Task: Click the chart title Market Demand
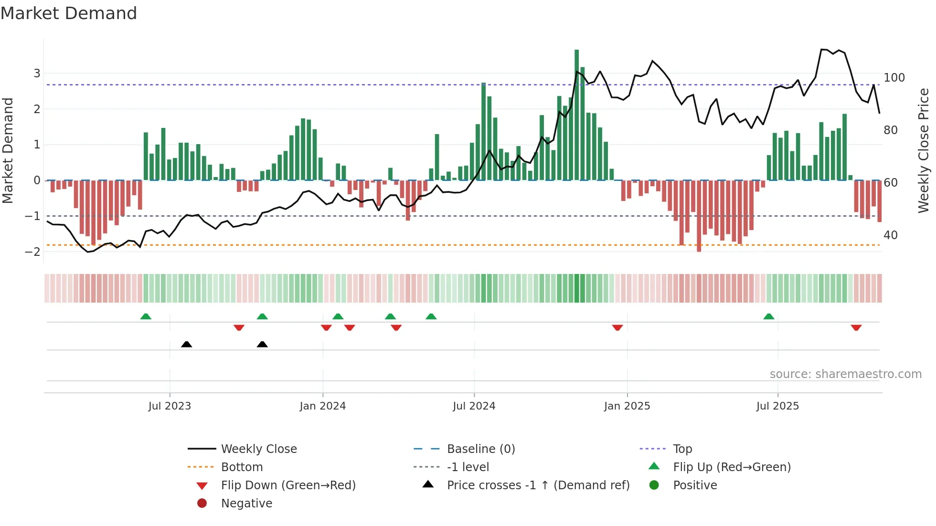[69, 13]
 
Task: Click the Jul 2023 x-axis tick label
[170, 406]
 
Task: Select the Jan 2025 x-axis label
[627, 406]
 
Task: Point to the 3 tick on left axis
[37, 74]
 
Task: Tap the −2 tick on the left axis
[33, 252]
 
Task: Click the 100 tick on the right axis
[894, 78]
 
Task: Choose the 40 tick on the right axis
[890, 235]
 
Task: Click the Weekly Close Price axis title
[924, 150]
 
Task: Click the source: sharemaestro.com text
[845, 374]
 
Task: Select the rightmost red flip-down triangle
[856, 327]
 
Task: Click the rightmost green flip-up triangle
[768, 316]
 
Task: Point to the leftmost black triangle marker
[187, 344]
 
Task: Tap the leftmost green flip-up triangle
[146, 316]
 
